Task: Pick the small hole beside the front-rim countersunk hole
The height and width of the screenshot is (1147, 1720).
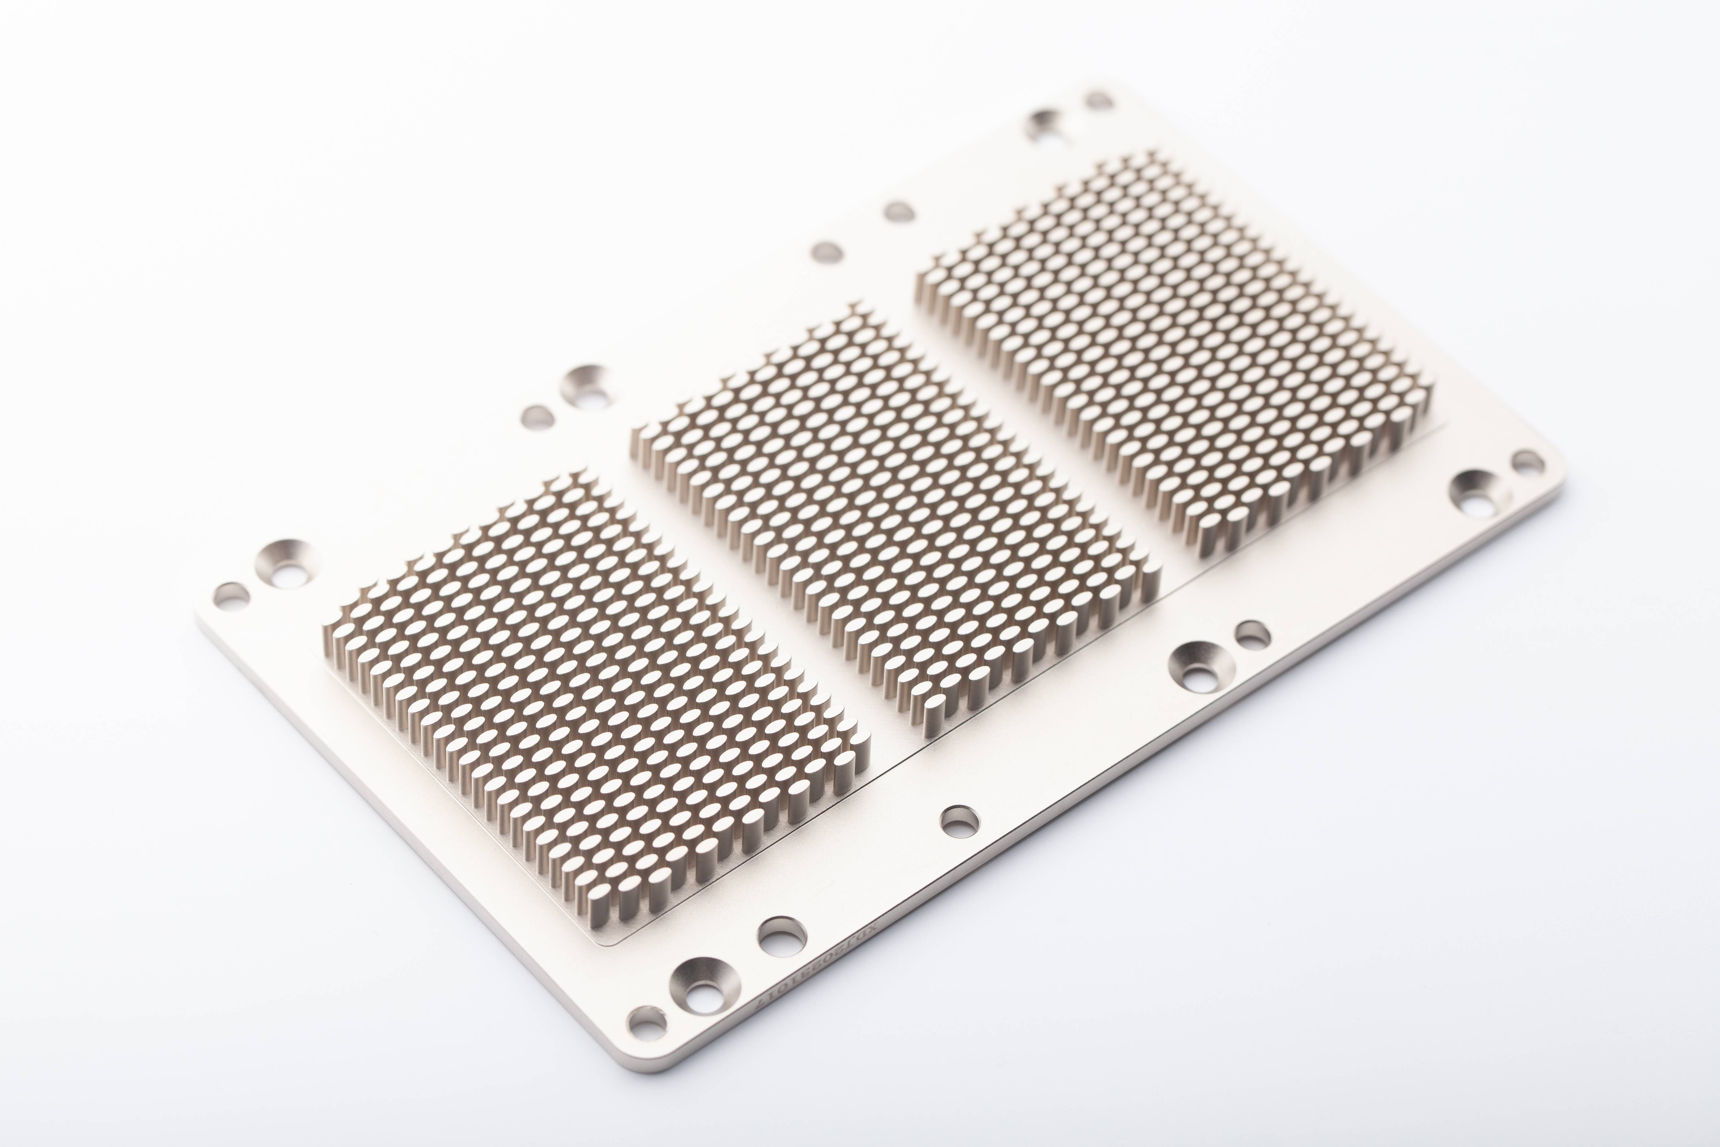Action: pos(1252,634)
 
